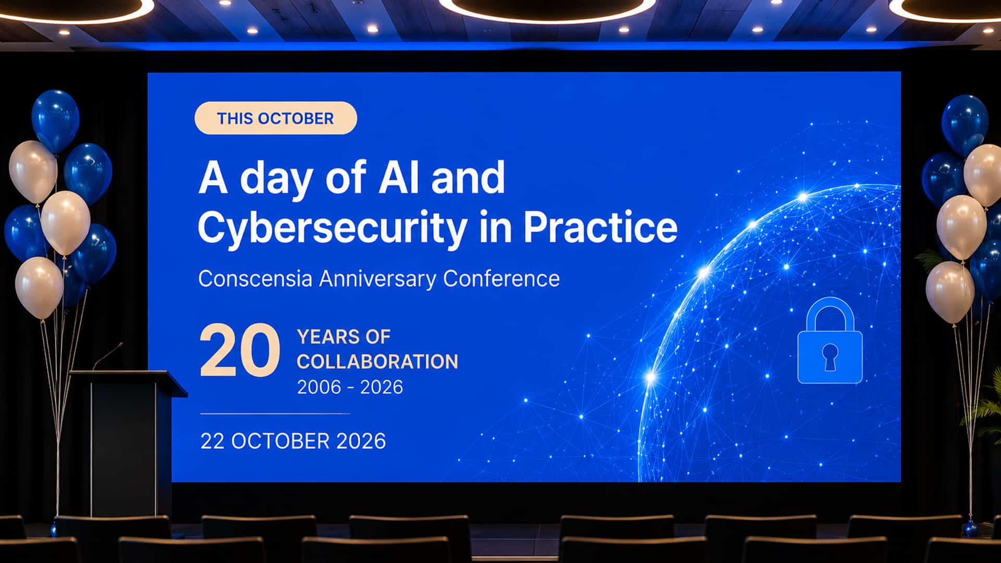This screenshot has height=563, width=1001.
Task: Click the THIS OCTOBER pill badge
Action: pyautogui.click(x=276, y=118)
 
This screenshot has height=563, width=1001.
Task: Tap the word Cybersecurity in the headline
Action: pyautogui.click(x=332, y=228)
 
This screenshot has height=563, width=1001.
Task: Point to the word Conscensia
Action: pyautogui.click(x=255, y=278)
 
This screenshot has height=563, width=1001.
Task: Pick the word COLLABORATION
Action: pyautogui.click(x=377, y=362)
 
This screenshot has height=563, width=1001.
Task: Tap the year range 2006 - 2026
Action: pyautogui.click(x=350, y=387)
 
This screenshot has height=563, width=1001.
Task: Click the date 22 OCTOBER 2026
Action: pyautogui.click(x=293, y=442)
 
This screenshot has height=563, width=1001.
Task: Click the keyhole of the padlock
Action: pyautogui.click(x=830, y=357)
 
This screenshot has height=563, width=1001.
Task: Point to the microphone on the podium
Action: pyautogui.click(x=107, y=356)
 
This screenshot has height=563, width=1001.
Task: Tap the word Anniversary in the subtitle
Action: pyautogui.click(x=377, y=279)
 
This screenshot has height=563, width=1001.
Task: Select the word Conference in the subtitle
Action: pyautogui.click(x=502, y=278)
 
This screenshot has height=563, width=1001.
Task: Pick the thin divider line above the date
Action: pyautogui.click(x=275, y=413)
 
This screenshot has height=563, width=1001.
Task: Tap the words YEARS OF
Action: pyautogui.click(x=344, y=337)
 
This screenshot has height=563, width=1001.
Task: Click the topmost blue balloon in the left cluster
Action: pyautogui.click(x=55, y=120)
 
